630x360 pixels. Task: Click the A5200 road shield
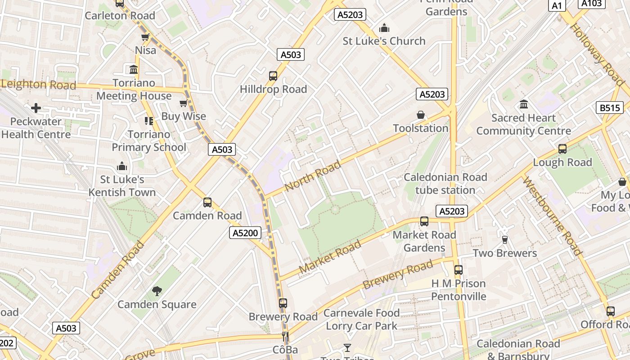point(246,233)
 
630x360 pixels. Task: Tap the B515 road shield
point(610,108)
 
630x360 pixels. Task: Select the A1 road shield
point(557,5)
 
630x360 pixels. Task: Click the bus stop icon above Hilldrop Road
point(273,76)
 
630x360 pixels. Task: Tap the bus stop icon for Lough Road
point(562,149)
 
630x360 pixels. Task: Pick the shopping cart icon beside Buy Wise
point(183,104)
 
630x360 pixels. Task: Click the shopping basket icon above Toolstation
point(421,115)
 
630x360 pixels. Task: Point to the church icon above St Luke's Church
point(384,28)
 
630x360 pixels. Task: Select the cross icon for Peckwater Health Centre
point(36,108)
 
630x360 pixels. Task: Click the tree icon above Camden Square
point(157,291)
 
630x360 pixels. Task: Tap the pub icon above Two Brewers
point(505,240)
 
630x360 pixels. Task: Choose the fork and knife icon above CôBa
point(285,337)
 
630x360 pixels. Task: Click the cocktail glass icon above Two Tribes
point(347,347)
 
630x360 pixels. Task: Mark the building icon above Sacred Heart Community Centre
point(524,104)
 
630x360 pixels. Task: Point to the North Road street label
point(313,175)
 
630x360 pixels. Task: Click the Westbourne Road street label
point(552,216)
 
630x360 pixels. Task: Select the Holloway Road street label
point(597,54)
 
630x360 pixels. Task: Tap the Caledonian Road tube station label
point(445,184)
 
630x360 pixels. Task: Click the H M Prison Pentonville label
point(459,290)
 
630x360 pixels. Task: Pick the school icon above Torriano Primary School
point(149,121)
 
